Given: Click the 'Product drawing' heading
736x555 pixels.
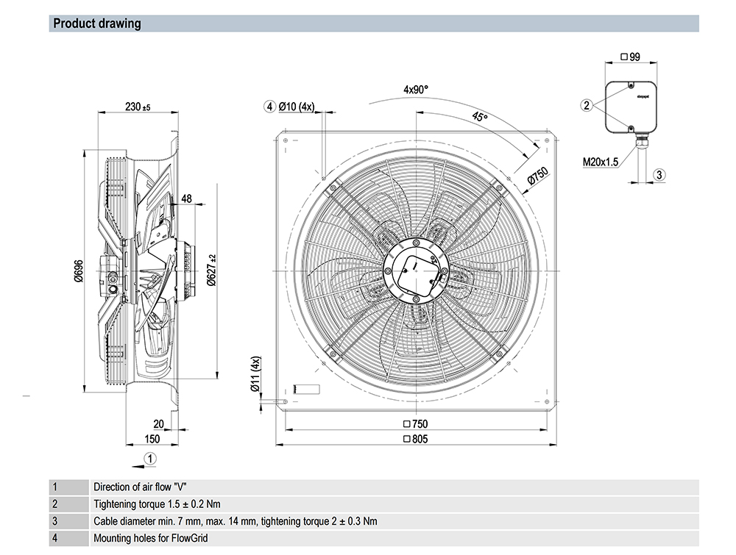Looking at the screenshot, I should click(96, 24).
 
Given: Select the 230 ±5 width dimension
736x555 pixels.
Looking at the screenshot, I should click(137, 107).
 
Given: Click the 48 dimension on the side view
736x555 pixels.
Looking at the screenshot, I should click(185, 198).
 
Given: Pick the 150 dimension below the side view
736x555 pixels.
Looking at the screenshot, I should click(152, 439).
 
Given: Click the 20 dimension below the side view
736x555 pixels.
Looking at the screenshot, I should click(159, 423).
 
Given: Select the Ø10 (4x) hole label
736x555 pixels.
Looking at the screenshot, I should click(294, 107).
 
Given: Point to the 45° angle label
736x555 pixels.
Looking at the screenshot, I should click(480, 118).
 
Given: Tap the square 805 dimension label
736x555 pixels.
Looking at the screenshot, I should click(415, 439).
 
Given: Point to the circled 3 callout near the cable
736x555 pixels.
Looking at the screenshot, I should click(659, 174).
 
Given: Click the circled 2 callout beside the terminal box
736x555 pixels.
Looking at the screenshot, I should click(587, 105).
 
